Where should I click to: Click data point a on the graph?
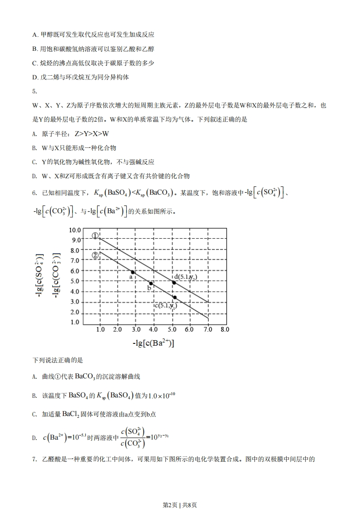[133, 272]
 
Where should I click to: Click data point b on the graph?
[151, 284]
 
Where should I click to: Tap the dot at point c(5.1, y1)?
[175, 298]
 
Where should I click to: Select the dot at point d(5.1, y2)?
[174, 282]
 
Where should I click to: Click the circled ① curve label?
[95, 236]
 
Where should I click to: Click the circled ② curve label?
[95, 255]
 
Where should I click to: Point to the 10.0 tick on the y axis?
[74, 230]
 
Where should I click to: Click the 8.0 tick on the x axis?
[225, 329]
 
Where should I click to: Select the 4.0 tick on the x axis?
[153, 329]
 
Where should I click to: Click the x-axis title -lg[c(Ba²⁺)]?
[153, 343]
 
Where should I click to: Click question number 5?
[35, 91]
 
